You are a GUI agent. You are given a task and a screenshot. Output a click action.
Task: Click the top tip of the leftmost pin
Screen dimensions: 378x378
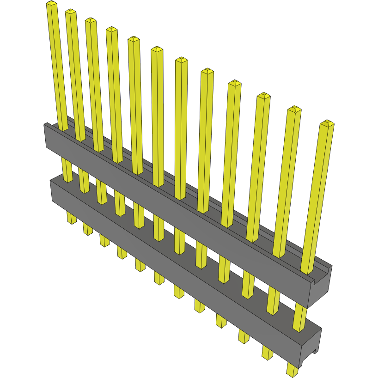click(51, 4)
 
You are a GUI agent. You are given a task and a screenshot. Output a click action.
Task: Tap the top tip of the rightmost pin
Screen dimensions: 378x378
click(327, 123)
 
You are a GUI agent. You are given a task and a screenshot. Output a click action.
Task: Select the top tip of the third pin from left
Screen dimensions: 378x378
click(91, 20)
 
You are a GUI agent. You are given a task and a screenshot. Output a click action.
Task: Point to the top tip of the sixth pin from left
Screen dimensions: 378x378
click(157, 49)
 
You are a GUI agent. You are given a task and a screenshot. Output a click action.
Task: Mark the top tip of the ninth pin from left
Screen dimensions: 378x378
click(235, 83)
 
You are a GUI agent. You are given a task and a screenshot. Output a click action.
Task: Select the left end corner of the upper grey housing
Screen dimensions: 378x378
click(45, 125)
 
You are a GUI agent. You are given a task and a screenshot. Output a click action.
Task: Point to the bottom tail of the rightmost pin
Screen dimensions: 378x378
click(292, 370)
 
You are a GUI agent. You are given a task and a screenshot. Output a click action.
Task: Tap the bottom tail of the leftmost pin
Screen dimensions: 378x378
click(72, 219)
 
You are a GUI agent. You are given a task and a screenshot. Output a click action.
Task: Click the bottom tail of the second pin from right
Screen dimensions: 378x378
click(268, 353)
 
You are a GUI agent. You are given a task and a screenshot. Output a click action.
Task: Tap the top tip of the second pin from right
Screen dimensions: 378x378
click(294, 110)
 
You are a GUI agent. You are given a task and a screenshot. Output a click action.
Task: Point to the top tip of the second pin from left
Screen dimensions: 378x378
click(71, 12)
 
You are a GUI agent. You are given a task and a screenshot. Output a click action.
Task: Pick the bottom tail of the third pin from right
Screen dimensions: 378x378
click(244, 336)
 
